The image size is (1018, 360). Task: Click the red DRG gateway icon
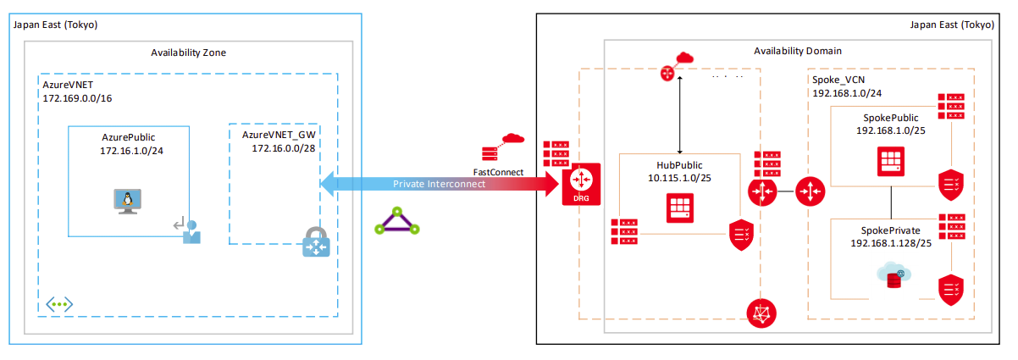[581, 184]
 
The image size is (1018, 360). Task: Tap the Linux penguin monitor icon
[124, 202]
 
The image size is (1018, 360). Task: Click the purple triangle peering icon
[397, 221]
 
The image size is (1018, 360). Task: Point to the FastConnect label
[498, 172]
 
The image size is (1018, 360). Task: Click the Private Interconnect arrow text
[439, 184]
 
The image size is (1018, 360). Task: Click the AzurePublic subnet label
[128, 136]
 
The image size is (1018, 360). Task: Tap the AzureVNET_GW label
[279, 135]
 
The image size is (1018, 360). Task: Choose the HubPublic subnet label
[679, 164]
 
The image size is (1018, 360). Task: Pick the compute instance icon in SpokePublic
[890, 162]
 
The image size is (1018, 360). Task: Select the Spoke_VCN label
[838, 80]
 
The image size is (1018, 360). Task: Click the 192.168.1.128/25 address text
[891, 243]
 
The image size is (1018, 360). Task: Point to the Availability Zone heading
[188, 53]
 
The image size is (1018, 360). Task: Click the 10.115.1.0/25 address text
[679, 178]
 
